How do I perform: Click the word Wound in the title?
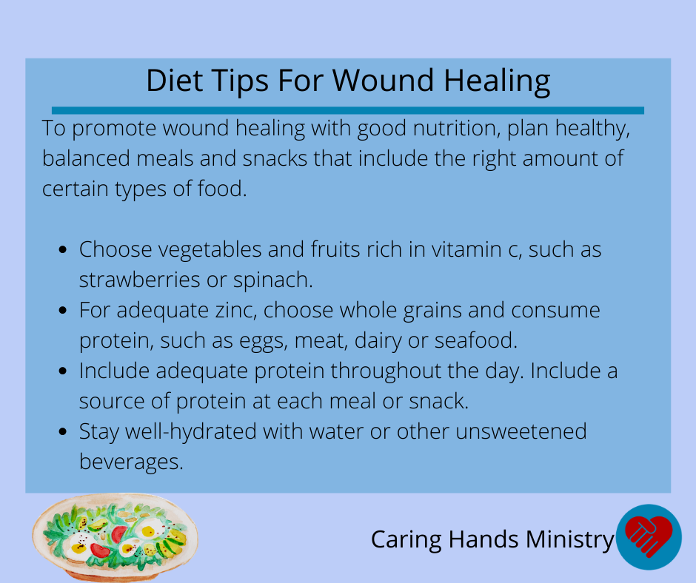[x=383, y=81]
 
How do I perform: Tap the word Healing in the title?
[x=497, y=81]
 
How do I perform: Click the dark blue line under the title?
[x=347, y=110]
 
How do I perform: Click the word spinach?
[x=273, y=280]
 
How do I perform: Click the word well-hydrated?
[x=191, y=432]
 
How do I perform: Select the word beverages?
[x=131, y=462]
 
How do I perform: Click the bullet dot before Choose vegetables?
[x=63, y=250]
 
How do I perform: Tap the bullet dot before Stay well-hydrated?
[x=63, y=431]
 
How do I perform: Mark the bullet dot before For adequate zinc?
[x=63, y=310]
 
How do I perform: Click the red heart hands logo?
[x=649, y=536]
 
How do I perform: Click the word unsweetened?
[x=521, y=431]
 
